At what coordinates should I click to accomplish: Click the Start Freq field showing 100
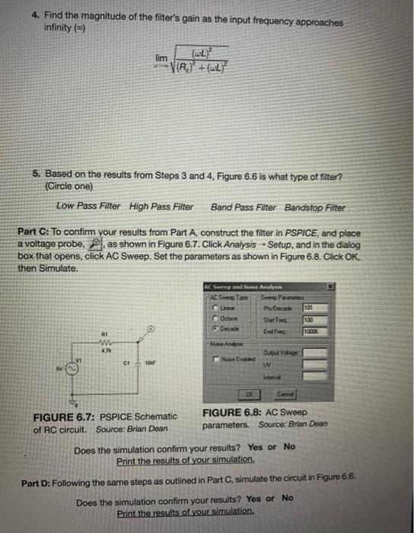point(314,320)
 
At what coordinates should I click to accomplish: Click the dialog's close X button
point(330,285)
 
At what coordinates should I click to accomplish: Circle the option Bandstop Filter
point(314,207)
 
